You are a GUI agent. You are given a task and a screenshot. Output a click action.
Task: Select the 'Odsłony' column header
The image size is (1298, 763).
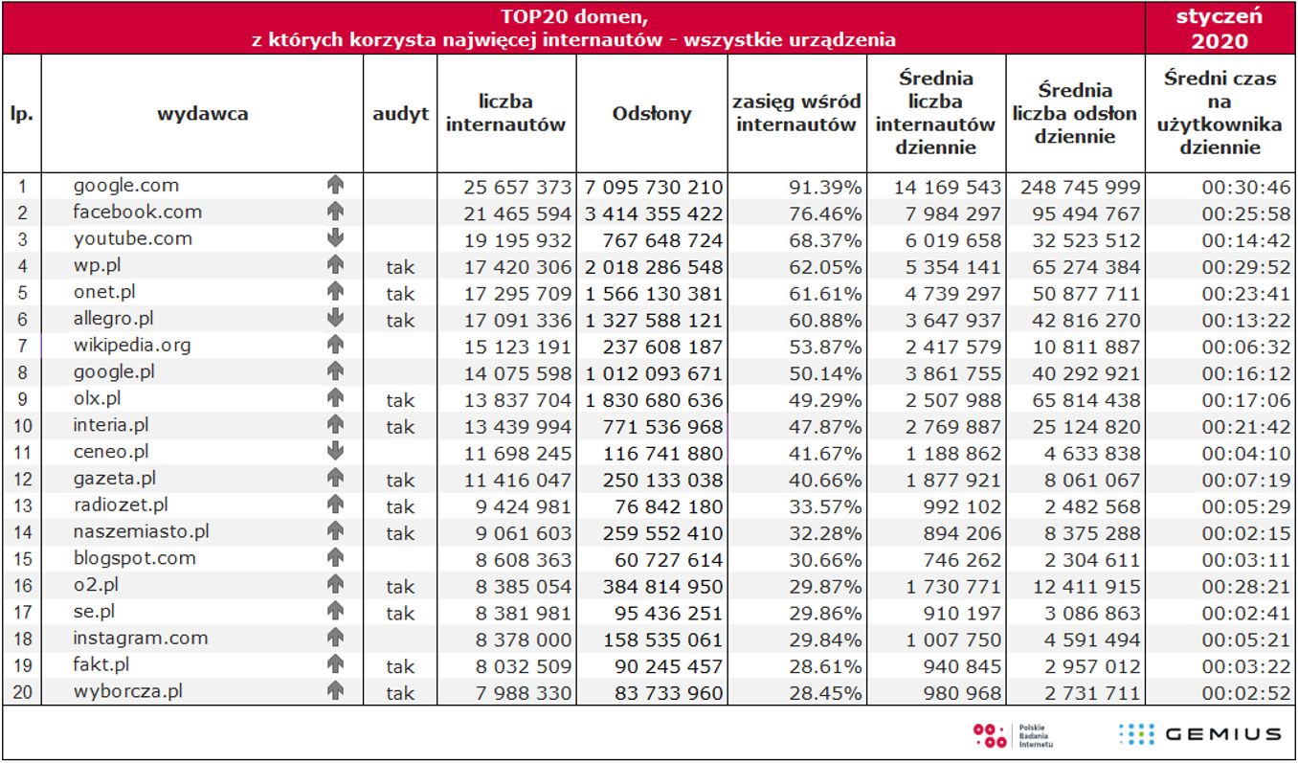coord(651,114)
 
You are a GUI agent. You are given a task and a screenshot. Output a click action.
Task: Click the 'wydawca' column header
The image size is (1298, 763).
coord(202,114)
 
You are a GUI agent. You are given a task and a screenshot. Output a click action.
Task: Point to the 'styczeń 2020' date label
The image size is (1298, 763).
coord(1220,28)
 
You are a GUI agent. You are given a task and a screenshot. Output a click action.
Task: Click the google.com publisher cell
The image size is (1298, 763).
coord(125,185)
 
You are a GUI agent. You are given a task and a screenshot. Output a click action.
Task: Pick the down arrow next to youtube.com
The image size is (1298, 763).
coord(334,238)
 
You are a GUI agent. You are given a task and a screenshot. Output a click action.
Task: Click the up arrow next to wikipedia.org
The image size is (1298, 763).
coord(334,345)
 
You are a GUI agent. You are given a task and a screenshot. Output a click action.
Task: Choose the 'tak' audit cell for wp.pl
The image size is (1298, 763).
coord(400,267)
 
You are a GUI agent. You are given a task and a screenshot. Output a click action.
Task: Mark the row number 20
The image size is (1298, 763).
coord(22,691)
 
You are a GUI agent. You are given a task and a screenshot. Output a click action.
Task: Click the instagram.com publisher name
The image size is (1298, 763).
coord(141,638)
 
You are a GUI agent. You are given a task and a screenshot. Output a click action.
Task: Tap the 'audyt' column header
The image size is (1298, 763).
coord(400,114)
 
